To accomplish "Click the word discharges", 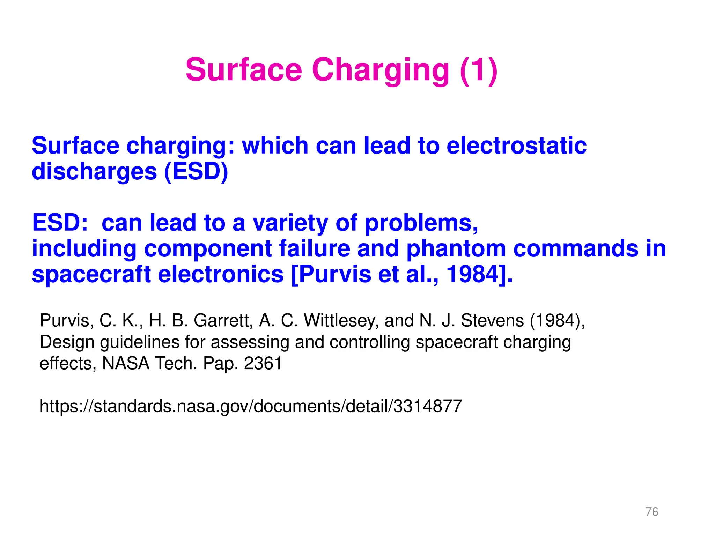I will pyautogui.click(x=94, y=171).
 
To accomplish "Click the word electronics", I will pyautogui.click(x=221, y=274).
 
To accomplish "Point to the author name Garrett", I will pyautogui.click(x=223, y=320).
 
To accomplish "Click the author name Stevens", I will pyautogui.click(x=492, y=320).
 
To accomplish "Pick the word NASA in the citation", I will pyautogui.click(x=126, y=363).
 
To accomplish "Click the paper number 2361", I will pyautogui.click(x=263, y=363).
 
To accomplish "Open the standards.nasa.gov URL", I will pyautogui.click(x=251, y=406).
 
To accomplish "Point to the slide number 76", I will pyautogui.click(x=652, y=512).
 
